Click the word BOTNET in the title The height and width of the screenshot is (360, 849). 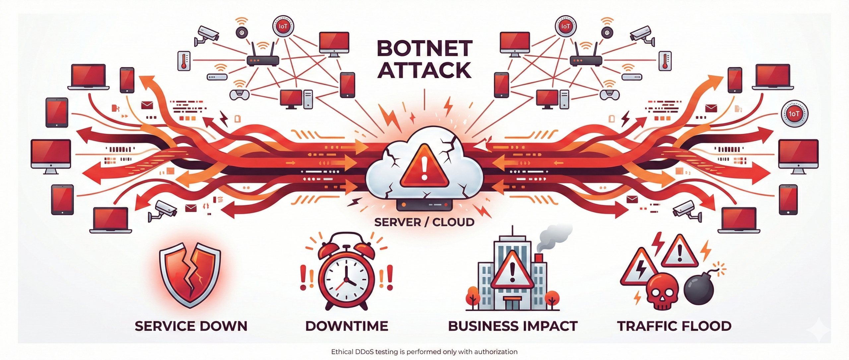(x=424, y=48)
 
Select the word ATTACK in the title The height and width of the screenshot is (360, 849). (x=424, y=70)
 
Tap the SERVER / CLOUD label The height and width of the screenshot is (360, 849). (x=424, y=222)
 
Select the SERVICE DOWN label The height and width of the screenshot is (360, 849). (x=191, y=326)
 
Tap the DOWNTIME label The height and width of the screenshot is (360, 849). (x=347, y=326)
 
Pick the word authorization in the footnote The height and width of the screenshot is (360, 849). (x=495, y=352)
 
